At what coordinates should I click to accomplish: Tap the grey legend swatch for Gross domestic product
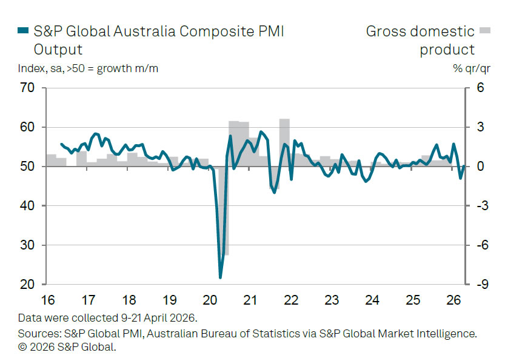tap(484, 30)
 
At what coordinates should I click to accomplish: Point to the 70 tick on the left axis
tap(28, 88)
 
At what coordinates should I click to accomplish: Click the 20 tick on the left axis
tap(28, 285)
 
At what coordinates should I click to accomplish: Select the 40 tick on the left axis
tap(28, 206)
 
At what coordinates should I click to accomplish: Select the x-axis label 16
tap(48, 300)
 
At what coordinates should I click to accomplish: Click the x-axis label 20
tap(210, 300)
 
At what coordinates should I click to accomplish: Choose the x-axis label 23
tap(332, 300)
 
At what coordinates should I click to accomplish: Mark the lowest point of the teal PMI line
tap(220, 277)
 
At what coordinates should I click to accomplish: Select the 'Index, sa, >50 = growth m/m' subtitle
tap(88, 68)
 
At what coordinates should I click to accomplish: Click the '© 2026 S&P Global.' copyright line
tap(67, 347)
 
